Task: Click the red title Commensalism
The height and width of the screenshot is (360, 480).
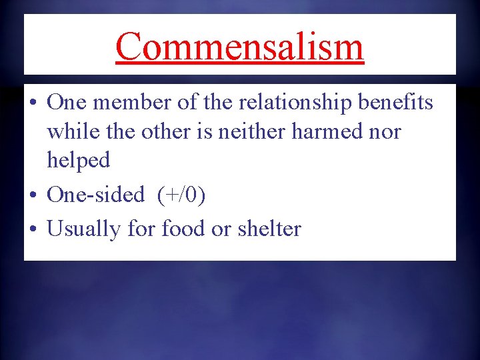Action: pos(240,46)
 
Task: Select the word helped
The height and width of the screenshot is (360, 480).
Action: pos(78,160)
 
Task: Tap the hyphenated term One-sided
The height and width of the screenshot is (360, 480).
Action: pos(96,195)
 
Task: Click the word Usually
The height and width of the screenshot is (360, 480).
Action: pos(84,229)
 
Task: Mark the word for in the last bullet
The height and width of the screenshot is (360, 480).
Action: pos(140,229)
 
